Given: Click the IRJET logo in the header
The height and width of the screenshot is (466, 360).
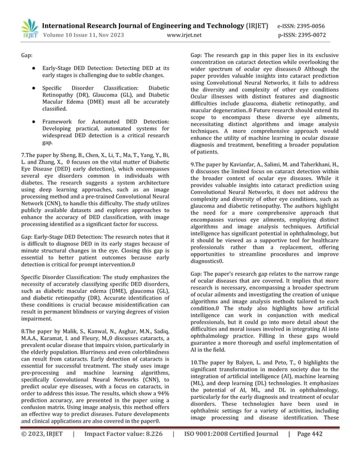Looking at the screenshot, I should tap(29, 28).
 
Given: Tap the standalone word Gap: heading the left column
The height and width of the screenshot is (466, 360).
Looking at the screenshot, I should tap(27, 56).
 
